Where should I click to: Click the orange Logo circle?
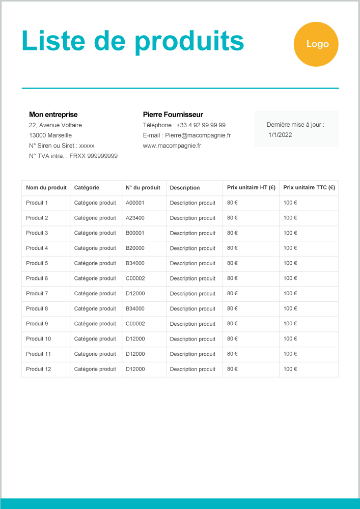pyautogui.click(x=316, y=44)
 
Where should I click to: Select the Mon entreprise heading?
pyautogui.click(x=53, y=115)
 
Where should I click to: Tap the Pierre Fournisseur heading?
pyautogui.click(x=173, y=115)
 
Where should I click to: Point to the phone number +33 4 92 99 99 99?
pyautogui.click(x=201, y=125)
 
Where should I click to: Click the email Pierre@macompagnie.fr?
pyautogui.click(x=198, y=135)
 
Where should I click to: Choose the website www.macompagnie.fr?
pyautogui.click(x=172, y=146)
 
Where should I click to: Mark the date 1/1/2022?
pyautogui.click(x=280, y=135)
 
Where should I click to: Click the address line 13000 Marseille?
pyautogui.click(x=50, y=135)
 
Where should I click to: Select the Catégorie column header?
pyautogui.click(x=87, y=188)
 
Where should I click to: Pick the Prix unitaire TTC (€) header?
pyautogui.click(x=309, y=188)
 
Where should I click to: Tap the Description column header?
pyautogui.click(x=185, y=188)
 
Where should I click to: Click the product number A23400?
pyautogui.click(x=135, y=218)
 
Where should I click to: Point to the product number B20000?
pyautogui.click(x=135, y=248)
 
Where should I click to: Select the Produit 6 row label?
pyautogui.click(x=37, y=278)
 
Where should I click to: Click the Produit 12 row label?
pyautogui.click(x=39, y=369)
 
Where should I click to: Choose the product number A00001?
pyautogui.click(x=135, y=203)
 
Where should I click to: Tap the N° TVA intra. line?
pyautogui.click(x=73, y=156)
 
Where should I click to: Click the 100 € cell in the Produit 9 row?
pyautogui.click(x=290, y=324)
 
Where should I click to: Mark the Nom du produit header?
pyautogui.click(x=46, y=188)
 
